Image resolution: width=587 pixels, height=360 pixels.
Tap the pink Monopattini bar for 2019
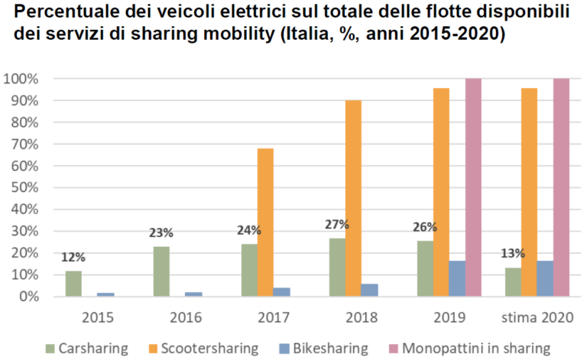[x=473, y=186]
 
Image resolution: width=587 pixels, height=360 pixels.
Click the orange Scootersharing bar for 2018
[x=353, y=198]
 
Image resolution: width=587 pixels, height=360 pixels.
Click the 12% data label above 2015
[x=73, y=257]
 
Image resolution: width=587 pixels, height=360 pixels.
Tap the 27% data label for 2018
[x=336, y=225]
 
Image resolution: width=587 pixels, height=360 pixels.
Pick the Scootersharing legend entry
[x=225, y=348]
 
